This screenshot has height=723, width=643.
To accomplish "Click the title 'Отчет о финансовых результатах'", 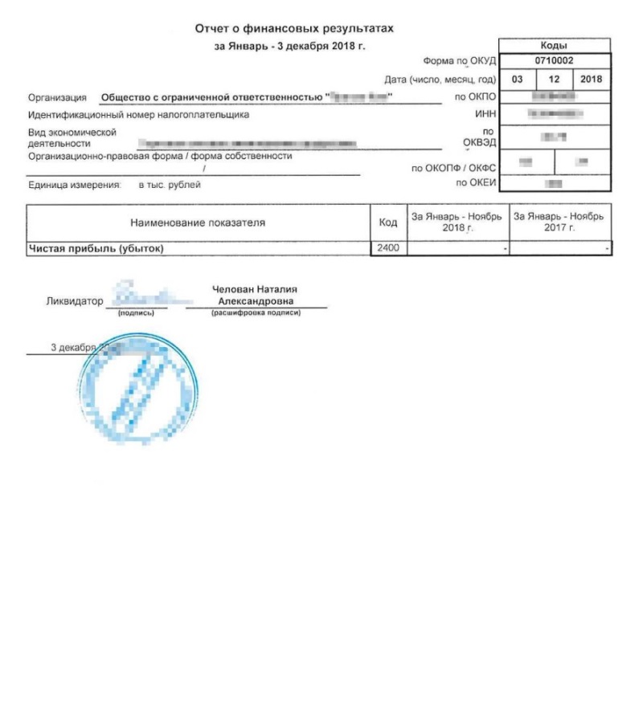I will coord(295,29).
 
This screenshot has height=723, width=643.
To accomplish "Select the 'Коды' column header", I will coord(555,46).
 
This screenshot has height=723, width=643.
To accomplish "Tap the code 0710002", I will coord(555,61).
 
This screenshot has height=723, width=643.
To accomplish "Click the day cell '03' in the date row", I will coord(518,80).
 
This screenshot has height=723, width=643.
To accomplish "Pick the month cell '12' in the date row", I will coord(555,80).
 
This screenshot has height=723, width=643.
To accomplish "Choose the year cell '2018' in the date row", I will coord(592,80).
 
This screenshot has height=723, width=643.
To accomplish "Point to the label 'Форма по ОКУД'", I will coord(459,61).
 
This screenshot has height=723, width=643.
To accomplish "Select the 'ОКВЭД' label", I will coord(481,143).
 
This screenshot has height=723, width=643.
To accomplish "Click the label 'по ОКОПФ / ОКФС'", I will coord(453,169).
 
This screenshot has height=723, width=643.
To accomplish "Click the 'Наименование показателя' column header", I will coord(197,223).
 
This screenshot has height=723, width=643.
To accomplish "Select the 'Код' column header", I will coord(388,223).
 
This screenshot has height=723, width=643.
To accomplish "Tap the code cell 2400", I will coord(388,248).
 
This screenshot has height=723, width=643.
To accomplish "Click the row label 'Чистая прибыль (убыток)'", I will coord(96,248).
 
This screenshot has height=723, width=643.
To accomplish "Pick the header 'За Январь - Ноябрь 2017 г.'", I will coord(560,223).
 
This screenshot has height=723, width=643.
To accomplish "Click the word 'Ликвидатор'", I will coord(76,302).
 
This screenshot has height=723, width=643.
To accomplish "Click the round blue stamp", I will coord(138,386).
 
